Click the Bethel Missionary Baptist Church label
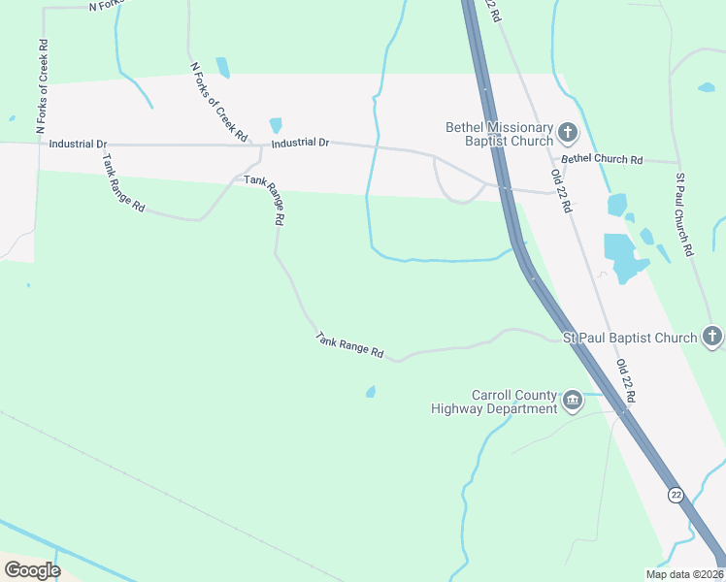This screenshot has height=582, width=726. point(499,134)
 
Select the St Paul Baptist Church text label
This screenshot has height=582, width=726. point(630,338)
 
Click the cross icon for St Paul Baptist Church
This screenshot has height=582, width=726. point(711,338)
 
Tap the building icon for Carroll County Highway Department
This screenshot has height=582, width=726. point(573,401)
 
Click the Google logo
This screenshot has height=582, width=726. point(32,569)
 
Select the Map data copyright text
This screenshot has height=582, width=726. point(683,574)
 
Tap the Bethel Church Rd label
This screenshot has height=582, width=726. point(602,159)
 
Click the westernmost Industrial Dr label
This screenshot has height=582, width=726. point(77,144)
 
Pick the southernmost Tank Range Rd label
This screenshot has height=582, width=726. point(350,344)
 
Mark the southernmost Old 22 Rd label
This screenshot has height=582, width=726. point(626,380)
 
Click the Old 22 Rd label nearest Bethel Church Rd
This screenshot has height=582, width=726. point(560,189)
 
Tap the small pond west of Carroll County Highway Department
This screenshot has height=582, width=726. point(370,392)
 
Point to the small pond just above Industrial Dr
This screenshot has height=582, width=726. point(276,125)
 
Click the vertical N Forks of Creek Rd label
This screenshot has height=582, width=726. point(42,87)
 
